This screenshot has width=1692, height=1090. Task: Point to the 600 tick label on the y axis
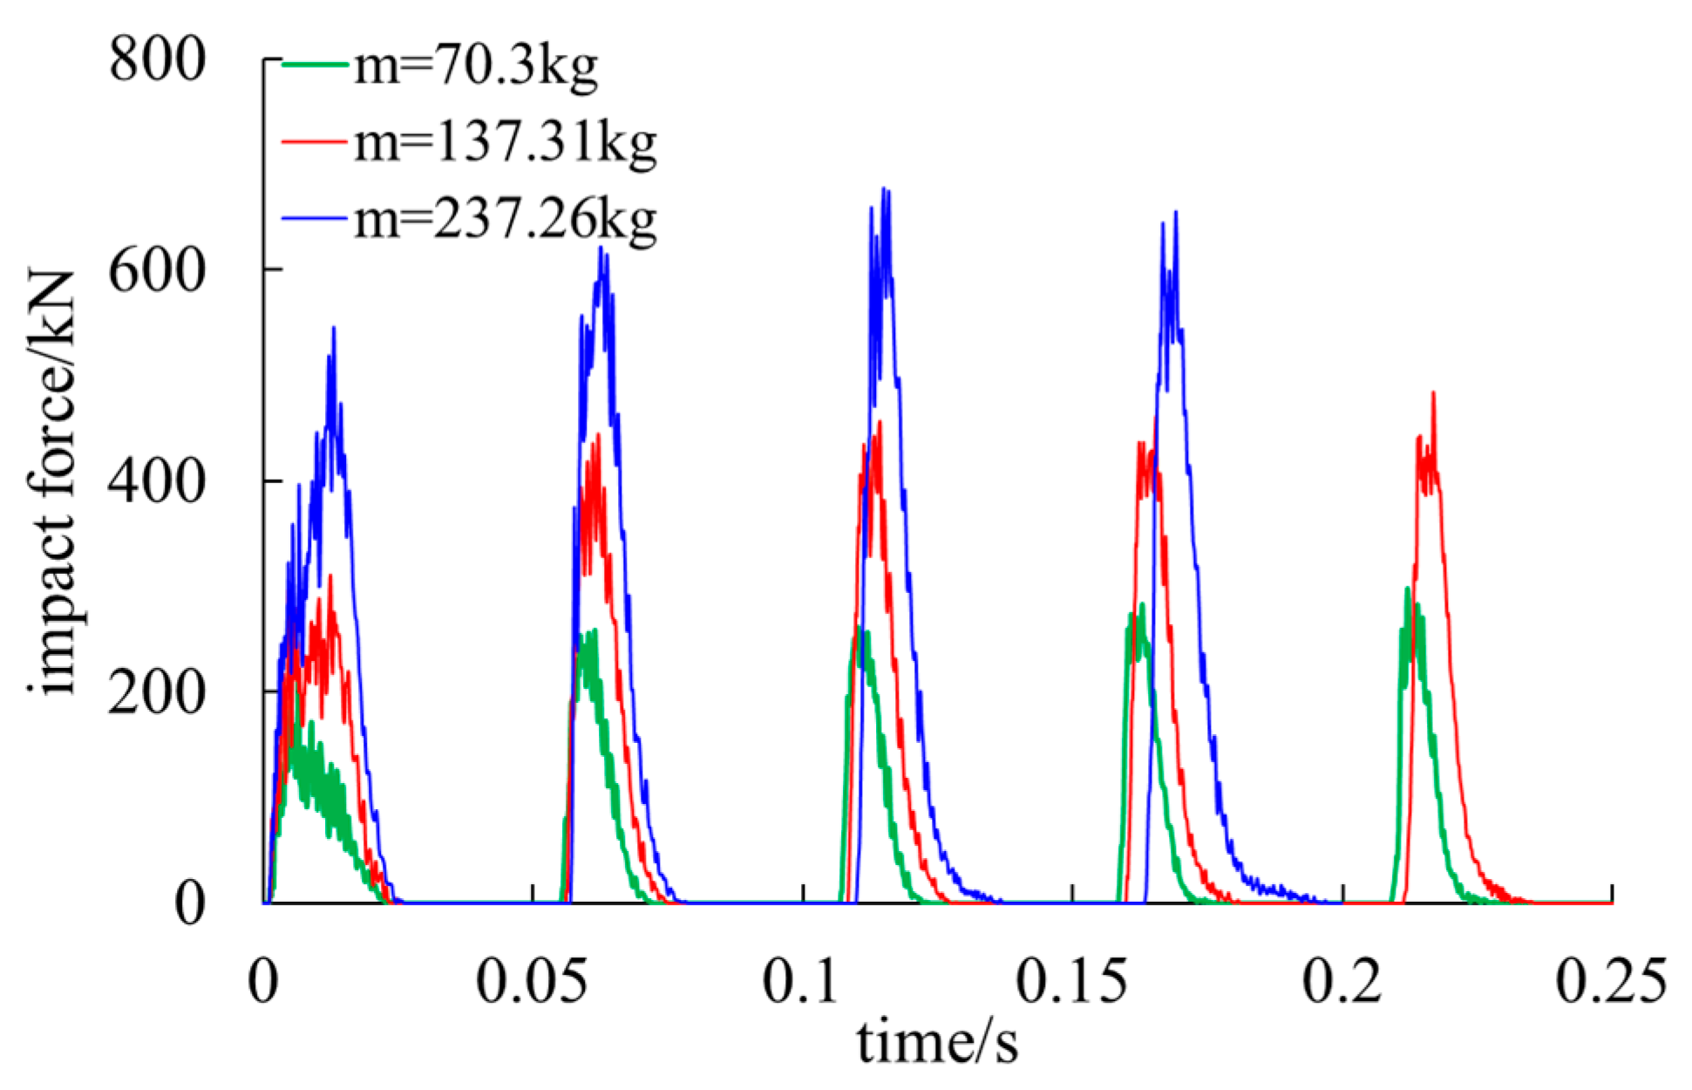coord(157,271)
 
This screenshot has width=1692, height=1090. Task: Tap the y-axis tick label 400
coord(157,481)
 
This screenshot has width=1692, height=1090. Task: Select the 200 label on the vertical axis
coord(157,692)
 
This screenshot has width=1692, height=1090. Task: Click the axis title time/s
coord(937,1043)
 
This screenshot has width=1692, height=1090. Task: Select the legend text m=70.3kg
coord(476,66)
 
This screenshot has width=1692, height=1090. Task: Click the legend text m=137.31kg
coord(505,143)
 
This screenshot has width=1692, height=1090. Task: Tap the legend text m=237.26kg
coord(505,220)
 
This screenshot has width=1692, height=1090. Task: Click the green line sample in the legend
coord(316,63)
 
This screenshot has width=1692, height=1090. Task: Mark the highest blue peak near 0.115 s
coord(886,189)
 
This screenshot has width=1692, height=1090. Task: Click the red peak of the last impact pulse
coord(1433,393)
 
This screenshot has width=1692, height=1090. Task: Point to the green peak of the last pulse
coord(1407,589)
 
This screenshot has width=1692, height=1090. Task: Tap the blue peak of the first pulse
coord(334,329)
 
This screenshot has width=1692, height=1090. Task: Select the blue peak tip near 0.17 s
coord(1176,212)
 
